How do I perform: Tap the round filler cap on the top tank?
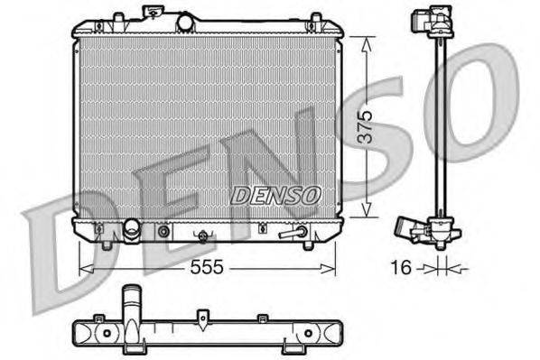tap(185, 21)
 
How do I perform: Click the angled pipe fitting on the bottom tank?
tap(294, 233)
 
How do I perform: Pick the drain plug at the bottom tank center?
tap(203, 237)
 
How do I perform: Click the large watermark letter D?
tap(63, 244)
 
